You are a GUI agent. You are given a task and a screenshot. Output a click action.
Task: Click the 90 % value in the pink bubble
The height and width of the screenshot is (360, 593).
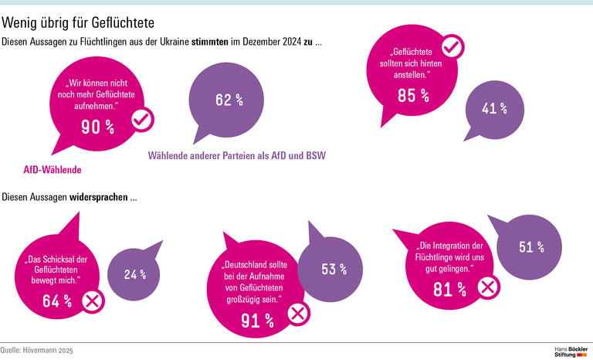coord(97,127)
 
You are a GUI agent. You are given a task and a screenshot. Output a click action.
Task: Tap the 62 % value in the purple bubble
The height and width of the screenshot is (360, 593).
coord(229,100)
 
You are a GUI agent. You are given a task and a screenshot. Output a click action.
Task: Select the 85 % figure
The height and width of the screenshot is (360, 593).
coord(413,95)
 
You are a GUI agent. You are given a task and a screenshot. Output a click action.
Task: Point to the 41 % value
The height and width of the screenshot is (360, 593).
coord(494,108)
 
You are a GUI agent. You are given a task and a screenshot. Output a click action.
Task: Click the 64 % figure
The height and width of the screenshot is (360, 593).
coord(56,301)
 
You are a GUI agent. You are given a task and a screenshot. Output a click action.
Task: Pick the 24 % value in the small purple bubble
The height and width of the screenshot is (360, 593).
coord(134,273)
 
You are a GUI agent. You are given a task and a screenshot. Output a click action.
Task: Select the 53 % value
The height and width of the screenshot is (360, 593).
coord(334,269)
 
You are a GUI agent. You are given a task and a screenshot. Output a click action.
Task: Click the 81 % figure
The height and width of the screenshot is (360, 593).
coord(449,290)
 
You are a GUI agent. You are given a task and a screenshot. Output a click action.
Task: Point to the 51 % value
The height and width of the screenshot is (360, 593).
coord(531,247)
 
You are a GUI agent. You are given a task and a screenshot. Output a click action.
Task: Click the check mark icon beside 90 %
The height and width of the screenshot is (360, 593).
coord(143,120)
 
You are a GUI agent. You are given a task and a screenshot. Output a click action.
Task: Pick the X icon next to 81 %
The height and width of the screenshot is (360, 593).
coord(489,288)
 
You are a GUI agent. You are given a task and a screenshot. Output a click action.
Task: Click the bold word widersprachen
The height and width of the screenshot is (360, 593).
coord(101,197)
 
